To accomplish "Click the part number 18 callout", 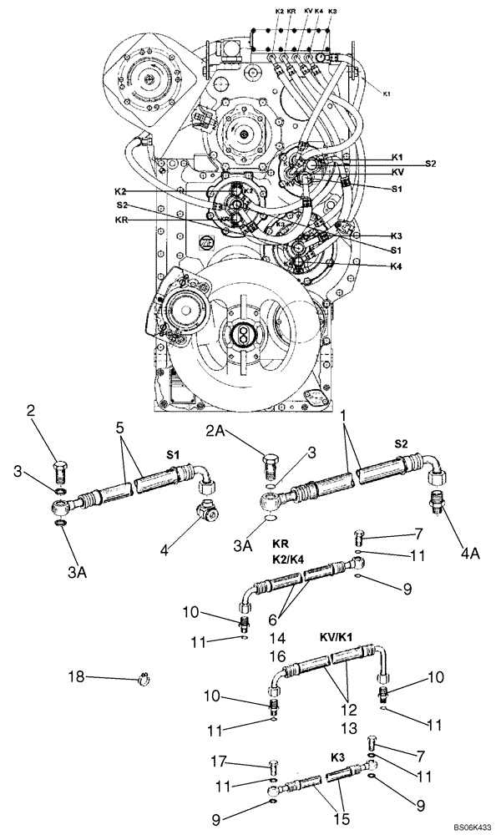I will click(76, 677).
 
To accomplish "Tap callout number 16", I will click(278, 657).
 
